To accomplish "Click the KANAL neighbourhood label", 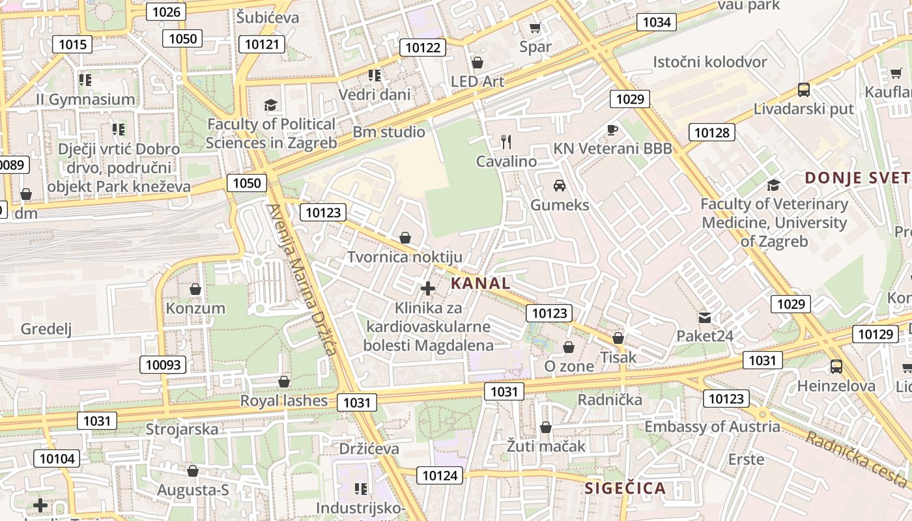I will coord(480,283).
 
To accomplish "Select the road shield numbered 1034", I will coord(656,22).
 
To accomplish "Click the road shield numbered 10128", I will coord(711,133).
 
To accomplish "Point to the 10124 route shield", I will coord(440,475).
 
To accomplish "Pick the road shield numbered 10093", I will coord(163,365).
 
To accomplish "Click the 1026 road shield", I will coord(166,12).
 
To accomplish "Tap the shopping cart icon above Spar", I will coord(535,27).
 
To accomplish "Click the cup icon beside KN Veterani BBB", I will coord(612,130).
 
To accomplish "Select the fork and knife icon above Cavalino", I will coord(506,141).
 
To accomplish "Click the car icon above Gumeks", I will coord(559,186).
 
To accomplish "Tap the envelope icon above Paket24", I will coord(705,317).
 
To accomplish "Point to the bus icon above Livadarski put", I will coord(803,90).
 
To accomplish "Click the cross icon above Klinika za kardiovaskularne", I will coord(428,288).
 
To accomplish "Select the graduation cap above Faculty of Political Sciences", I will coord(270,106).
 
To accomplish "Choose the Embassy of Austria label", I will coord(712,427).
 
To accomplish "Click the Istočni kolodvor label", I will coord(710,62).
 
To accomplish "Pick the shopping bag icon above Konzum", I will coord(195,289).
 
